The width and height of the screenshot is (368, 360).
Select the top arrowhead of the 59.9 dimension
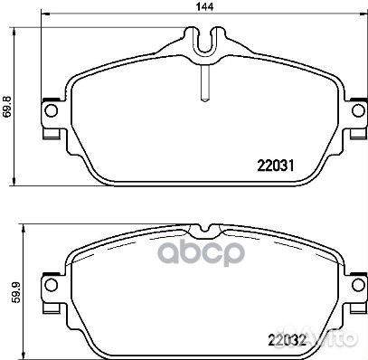[20, 228]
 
